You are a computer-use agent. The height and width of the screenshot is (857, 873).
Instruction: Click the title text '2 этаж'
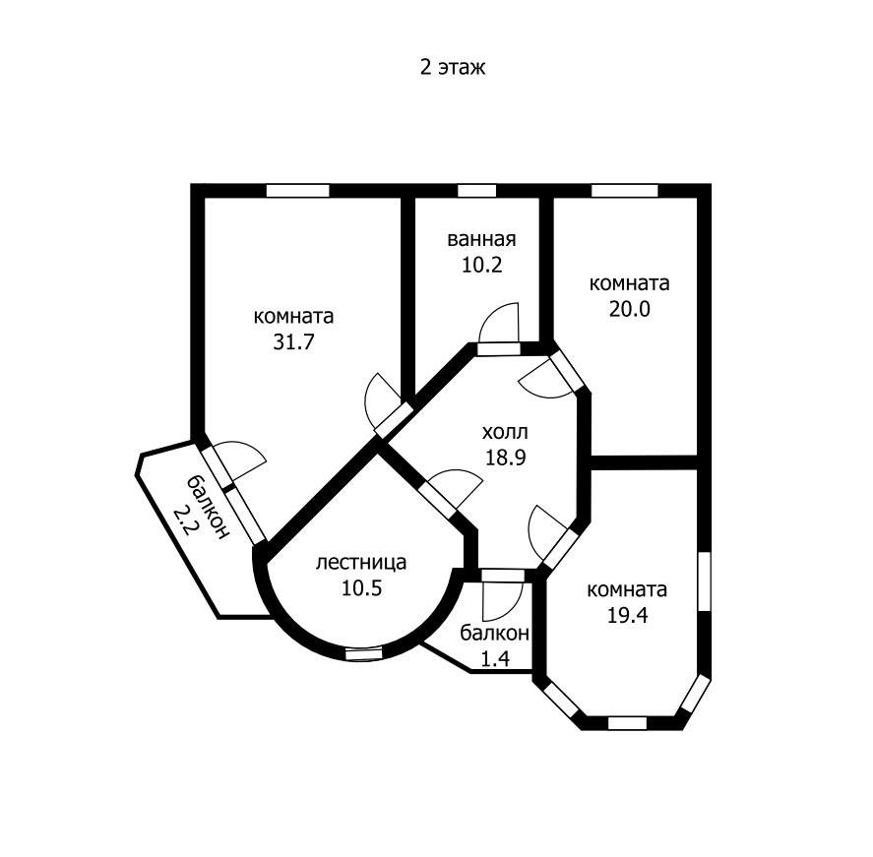(453, 67)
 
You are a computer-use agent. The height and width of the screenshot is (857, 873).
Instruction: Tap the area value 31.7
(293, 341)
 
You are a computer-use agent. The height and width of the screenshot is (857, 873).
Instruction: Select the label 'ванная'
(481, 239)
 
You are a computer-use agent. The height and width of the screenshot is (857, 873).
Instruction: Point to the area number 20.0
(629, 309)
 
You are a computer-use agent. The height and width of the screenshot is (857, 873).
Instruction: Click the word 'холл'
(505, 432)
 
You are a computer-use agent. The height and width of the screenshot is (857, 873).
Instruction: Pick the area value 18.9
(506, 458)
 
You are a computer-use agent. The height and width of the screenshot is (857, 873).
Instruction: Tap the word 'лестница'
(361, 563)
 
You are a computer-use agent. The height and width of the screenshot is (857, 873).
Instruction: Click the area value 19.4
(627, 616)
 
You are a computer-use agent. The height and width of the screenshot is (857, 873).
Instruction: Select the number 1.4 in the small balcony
(495, 659)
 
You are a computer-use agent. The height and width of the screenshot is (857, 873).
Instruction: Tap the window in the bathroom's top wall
(476, 191)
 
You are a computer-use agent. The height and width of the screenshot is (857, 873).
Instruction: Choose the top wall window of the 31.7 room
(298, 191)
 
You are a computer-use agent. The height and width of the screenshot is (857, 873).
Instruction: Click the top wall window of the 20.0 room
(625, 191)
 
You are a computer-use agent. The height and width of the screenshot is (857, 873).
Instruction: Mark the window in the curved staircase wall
(365, 654)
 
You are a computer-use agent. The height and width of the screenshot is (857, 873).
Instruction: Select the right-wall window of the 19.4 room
(705, 582)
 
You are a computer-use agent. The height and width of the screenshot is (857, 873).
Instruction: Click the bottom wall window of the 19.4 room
(628, 723)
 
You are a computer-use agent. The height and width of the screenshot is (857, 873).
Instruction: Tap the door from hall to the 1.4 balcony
(503, 594)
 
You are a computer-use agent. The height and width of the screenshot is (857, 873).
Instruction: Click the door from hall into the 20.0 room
(551, 376)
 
